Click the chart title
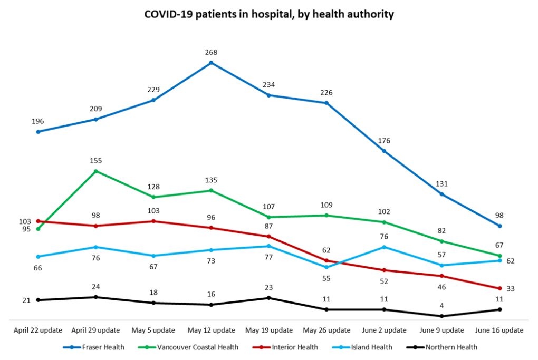pos(269,15)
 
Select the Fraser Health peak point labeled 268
pos(211,63)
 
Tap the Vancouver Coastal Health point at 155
pos(95,171)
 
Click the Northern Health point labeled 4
pos(441,316)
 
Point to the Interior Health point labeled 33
pos(499,288)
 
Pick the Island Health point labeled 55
pos(326,267)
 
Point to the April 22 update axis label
pos(38,330)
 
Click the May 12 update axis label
pos(211,330)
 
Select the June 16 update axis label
pos(499,330)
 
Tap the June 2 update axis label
pos(384,330)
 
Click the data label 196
pos(38,121)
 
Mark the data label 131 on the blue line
pos(441,184)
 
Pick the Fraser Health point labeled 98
pos(499,226)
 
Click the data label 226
pos(326,93)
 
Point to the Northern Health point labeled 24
pos(95,297)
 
